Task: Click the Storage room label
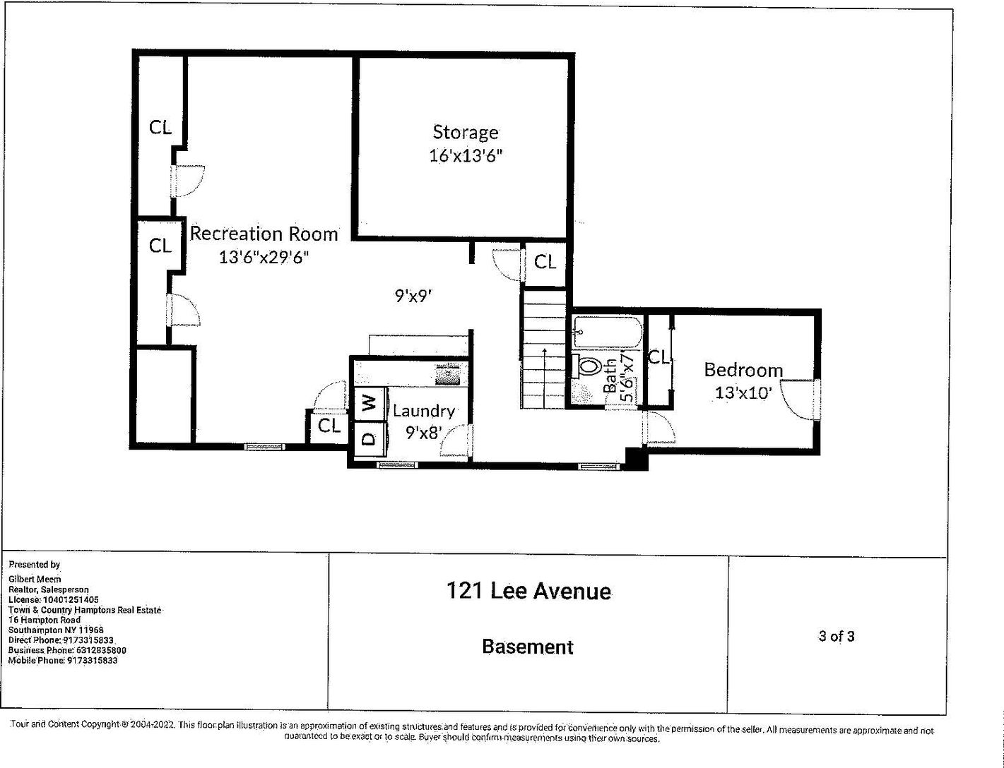point(465,132)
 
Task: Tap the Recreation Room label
point(264,234)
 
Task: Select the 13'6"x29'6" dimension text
point(264,257)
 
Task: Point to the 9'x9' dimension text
point(413,296)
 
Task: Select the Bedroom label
point(743,370)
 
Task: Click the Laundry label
point(423,411)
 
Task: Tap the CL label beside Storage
point(545,263)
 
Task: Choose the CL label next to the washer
point(329,426)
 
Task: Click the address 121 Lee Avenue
point(528,591)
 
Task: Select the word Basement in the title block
point(528,647)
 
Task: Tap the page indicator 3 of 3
point(837,636)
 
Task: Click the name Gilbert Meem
point(35,579)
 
